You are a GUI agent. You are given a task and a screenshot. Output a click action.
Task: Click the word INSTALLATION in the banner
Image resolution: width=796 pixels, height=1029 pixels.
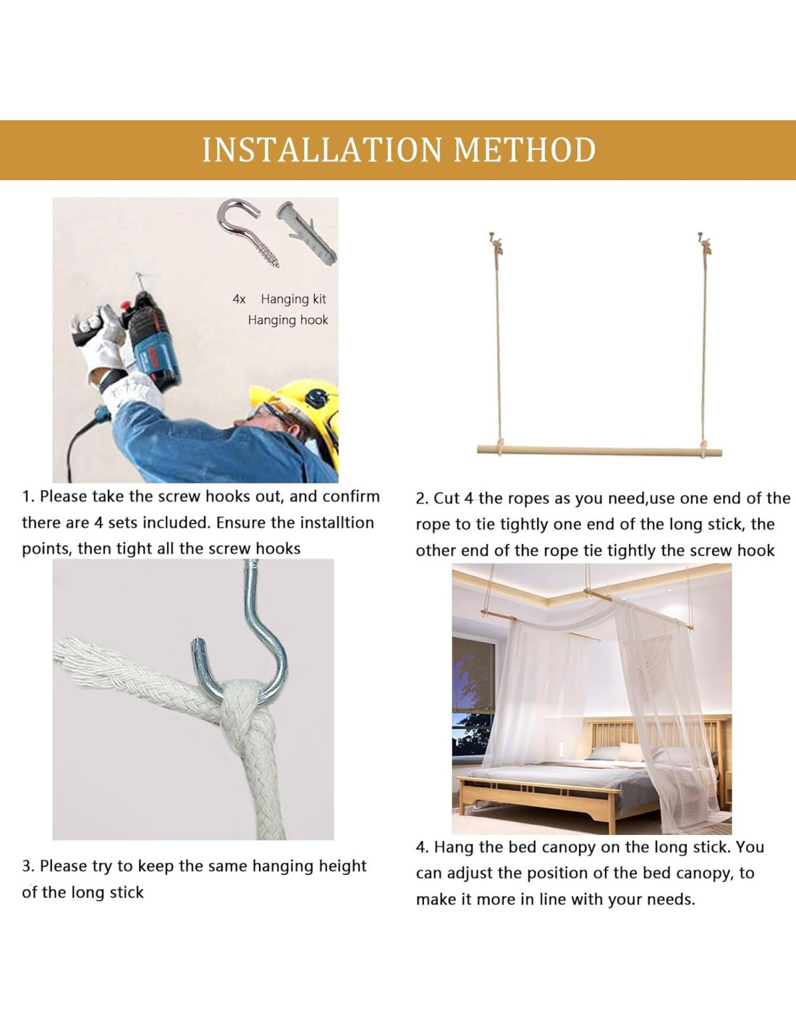(x=321, y=150)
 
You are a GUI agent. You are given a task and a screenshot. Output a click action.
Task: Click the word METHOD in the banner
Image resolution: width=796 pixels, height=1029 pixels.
(x=524, y=150)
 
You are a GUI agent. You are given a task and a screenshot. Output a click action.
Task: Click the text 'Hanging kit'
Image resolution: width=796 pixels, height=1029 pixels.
(x=293, y=300)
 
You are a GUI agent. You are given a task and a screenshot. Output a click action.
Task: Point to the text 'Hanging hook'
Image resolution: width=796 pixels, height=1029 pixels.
(x=288, y=320)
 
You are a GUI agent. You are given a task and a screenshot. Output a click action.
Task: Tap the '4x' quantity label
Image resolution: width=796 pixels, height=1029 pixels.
(x=239, y=300)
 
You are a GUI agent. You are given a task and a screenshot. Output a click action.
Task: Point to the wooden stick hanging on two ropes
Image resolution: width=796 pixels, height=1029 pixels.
(x=599, y=450)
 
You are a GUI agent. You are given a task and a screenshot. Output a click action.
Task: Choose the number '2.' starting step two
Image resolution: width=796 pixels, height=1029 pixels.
(x=423, y=499)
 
